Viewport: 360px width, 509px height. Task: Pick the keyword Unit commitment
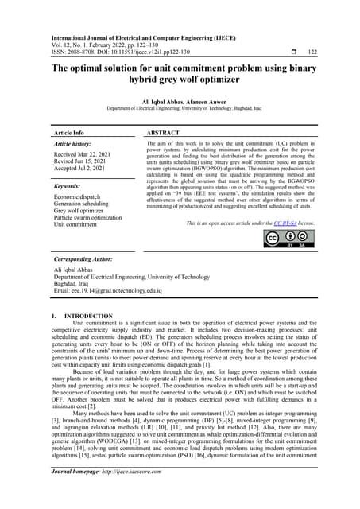point(78,225)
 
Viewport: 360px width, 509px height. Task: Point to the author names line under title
point(179,99)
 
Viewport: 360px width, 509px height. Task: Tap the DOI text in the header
point(144,52)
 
